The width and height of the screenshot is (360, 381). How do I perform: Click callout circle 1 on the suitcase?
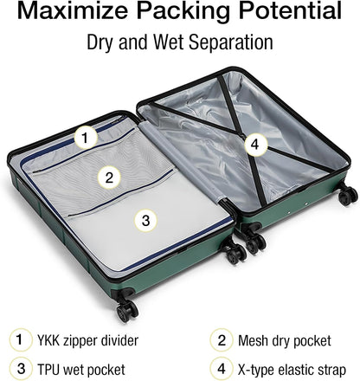click(84, 136)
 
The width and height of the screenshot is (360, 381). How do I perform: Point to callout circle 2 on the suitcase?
click(109, 178)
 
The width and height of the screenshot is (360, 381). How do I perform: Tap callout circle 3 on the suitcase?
click(145, 221)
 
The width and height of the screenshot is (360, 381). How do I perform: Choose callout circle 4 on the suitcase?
click(252, 145)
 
